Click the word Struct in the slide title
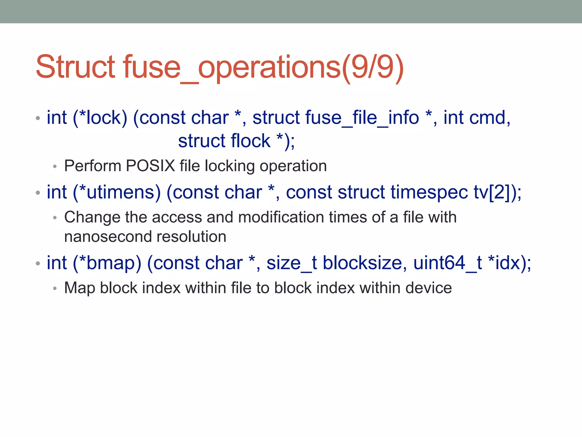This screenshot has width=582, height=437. pos(75,67)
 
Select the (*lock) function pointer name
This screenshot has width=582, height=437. pos(100,118)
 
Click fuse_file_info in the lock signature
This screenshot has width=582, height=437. pos(336,118)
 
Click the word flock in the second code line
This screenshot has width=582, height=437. pos(250,141)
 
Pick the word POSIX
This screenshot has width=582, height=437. pos(150,166)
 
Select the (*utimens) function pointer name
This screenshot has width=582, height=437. pos(117,192)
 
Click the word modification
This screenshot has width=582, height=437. pos(281,217)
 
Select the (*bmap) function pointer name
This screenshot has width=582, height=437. pos(107,263)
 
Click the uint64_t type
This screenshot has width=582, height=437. pos(447,263)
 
